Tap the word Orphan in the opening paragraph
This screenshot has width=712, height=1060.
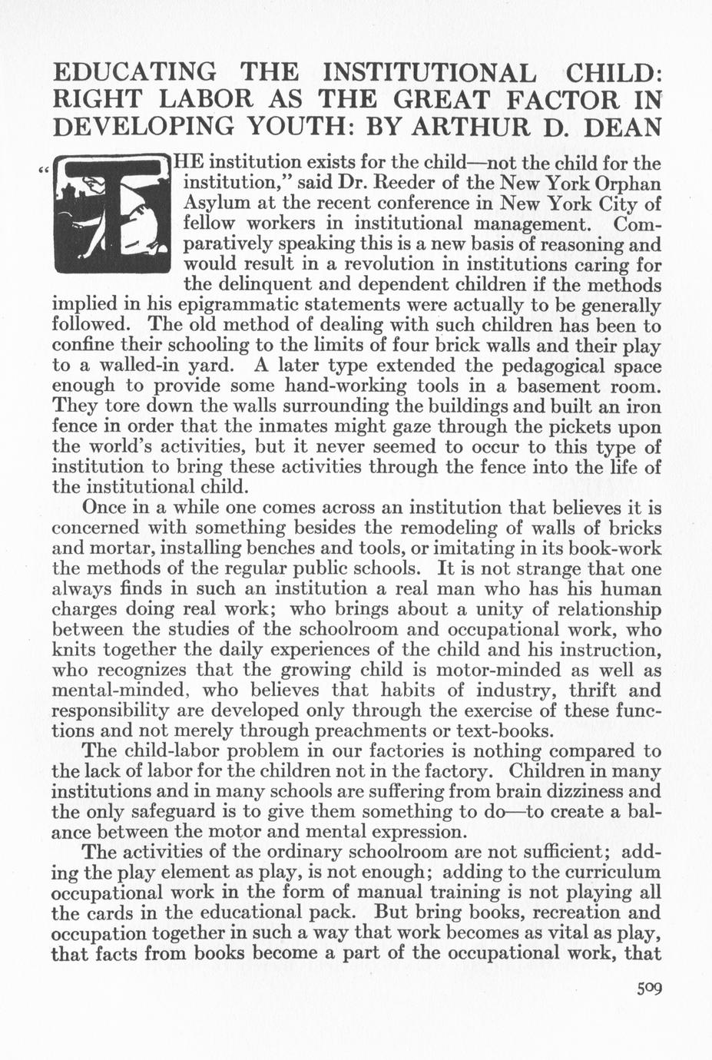pyautogui.click(x=626, y=184)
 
